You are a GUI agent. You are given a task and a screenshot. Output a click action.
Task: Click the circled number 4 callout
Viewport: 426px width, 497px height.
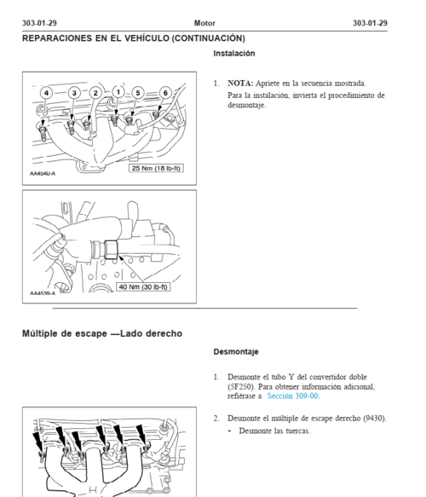pos(46,93)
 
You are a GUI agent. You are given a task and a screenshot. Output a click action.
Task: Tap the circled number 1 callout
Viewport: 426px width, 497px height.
pos(118,92)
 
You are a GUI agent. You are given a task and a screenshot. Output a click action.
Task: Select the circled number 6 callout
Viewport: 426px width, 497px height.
pos(165,93)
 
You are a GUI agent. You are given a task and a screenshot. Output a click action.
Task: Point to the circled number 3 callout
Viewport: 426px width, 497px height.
pos(74,93)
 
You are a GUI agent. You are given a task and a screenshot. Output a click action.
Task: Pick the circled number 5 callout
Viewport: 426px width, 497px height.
pos(138,93)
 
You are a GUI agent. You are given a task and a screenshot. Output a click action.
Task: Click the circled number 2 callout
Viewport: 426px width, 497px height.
pos(95,93)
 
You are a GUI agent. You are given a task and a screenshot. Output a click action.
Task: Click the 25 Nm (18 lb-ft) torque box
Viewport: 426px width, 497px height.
pos(156,168)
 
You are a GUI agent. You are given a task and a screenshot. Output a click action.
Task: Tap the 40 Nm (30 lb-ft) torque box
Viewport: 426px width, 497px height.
pos(143,286)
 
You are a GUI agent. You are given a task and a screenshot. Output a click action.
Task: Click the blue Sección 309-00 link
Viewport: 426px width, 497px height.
pos(292,396)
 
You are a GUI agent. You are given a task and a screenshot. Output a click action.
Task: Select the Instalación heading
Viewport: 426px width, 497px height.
pos(234,53)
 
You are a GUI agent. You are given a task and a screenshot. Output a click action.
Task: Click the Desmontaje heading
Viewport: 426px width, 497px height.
pos(236,351)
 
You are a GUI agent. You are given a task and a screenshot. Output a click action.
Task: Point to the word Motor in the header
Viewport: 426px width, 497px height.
pos(204,23)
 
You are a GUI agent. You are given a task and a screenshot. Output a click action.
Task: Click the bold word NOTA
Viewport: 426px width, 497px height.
pos(240,83)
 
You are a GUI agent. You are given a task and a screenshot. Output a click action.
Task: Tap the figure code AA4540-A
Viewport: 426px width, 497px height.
pos(43,173)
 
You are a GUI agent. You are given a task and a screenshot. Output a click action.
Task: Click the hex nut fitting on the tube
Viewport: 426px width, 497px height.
pos(111,250)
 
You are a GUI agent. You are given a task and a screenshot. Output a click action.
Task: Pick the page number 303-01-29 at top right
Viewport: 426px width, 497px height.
pos(370,23)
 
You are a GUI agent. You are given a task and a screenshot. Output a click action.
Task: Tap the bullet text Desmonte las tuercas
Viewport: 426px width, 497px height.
pos(274,431)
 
